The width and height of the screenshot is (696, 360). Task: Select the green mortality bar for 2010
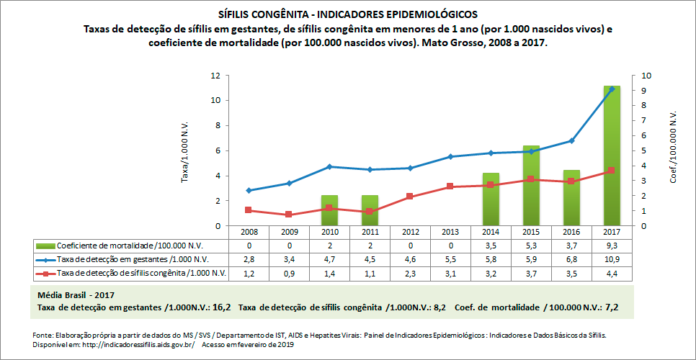329,210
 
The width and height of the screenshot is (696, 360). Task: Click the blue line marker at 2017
612,89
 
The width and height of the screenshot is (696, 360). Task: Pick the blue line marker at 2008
249,191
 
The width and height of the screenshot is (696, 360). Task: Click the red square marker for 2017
612,171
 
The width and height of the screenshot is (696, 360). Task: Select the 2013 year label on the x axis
450,233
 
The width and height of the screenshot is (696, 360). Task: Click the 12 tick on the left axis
215,76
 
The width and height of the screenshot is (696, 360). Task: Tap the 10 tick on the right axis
646,76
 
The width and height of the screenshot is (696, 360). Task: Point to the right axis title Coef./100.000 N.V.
673,147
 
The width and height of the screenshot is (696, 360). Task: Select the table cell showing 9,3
612,246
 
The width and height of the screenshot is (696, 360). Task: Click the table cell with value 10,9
612,259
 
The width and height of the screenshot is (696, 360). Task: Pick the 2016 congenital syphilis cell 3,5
571,273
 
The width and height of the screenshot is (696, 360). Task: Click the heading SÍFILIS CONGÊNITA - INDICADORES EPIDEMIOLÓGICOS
347,14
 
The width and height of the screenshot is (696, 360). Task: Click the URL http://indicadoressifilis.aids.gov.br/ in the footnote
127,344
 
